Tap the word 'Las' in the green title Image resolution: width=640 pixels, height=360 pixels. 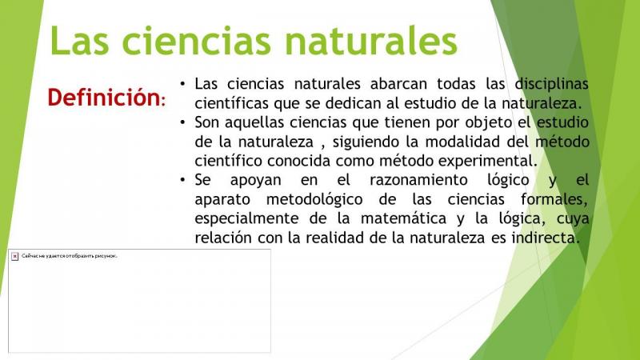79,40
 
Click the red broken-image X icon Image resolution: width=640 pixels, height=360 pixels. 14,256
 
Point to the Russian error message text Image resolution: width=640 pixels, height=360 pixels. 70,256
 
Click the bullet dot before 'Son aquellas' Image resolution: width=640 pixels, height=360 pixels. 182,122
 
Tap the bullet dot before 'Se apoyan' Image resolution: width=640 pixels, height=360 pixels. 182,179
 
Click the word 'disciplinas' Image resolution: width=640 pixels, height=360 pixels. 551,84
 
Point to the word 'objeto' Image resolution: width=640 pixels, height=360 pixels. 489,122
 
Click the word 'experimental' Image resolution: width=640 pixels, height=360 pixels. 488,162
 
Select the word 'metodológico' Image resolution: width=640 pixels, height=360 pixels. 314,199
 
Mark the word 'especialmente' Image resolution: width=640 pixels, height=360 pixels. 246,218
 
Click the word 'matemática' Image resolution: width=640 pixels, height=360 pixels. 404,218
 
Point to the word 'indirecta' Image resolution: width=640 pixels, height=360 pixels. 546,238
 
